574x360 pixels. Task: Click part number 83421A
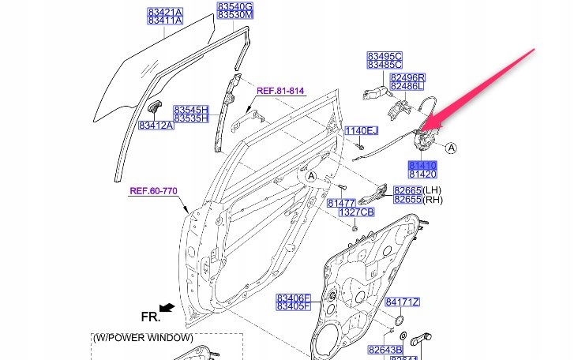point(164,12)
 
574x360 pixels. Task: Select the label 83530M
point(235,16)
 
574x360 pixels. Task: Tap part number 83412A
point(156,125)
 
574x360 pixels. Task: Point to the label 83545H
point(190,109)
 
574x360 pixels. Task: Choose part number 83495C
point(385,56)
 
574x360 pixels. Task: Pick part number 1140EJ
point(362,131)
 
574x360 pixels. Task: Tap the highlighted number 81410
point(422,163)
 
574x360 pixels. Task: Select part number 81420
point(422,173)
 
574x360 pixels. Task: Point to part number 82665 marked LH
point(408,191)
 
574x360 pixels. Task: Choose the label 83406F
point(294,298)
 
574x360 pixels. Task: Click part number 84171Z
point(403,302)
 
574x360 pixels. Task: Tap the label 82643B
point(386,348)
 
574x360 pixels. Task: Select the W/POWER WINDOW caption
point(142,337)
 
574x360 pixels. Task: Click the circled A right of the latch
point(451,147)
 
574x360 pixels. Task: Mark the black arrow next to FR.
point(166,306)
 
